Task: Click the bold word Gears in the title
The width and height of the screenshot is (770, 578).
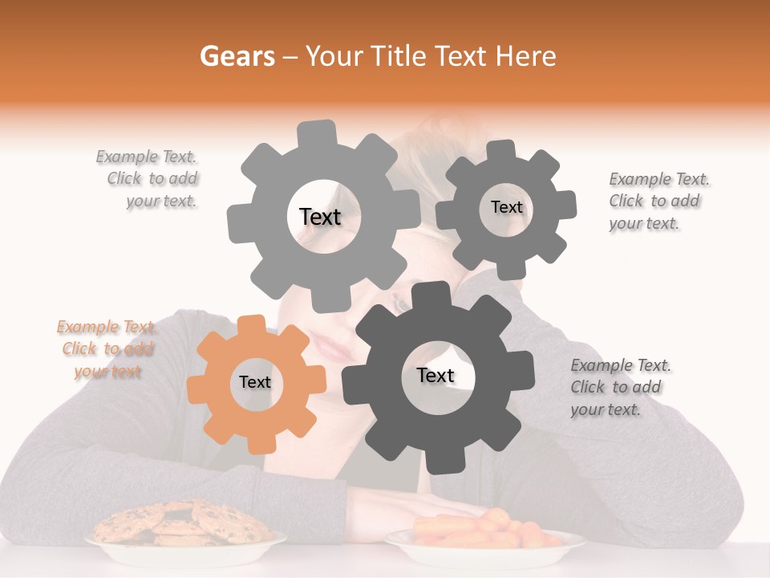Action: click(x=236, y=56)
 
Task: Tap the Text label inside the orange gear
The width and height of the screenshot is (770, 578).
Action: click(x=255, y=383)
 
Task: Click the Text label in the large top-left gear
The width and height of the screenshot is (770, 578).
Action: click(x=320, y=217)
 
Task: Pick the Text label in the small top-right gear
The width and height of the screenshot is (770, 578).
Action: click(x=506, y=208)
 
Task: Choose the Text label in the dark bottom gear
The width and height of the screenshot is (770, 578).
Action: click(x=436, y=376)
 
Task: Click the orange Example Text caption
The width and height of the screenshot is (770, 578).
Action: click(x=106, y=349)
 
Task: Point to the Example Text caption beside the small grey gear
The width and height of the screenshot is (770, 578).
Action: click(x=658, y=201)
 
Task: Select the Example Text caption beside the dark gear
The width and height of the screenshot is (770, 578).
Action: click(x=620, y=387)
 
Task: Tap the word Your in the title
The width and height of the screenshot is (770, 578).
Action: click(x=335, y=56)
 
